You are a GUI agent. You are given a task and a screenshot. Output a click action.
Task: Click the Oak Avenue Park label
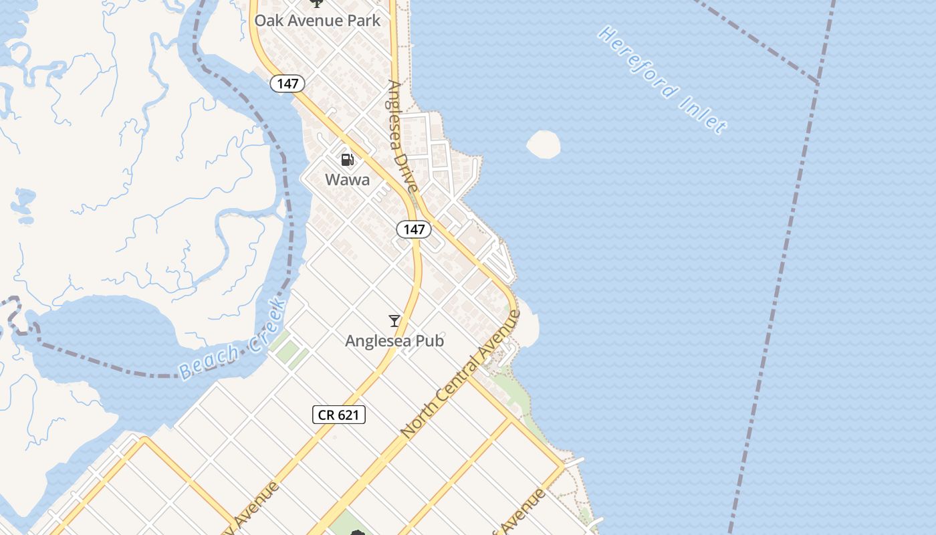pyautogui.click(x=317, y=20)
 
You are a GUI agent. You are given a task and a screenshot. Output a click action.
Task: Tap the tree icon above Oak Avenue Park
pyautogui.click(x=316, y=3)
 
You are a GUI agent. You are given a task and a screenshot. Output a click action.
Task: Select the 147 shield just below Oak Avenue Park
pyautogui.click(x=287, y=84)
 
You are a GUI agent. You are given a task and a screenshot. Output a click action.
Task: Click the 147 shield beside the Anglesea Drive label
pyautogui.click(x=414, y=229)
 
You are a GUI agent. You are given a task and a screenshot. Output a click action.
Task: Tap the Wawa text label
pyautogui.click(x=347, y=179)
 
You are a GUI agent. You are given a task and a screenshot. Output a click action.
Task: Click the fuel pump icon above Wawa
pyautogui.click(x=347, y=160)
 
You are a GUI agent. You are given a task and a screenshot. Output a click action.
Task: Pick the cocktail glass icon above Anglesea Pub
pyautogui.click(x=394, y=321)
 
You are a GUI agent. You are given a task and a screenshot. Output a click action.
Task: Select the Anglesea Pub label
pyautogui.click(x=394, y=341)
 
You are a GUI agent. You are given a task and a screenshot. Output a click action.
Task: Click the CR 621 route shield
pyautogui.click(x=339, y=415)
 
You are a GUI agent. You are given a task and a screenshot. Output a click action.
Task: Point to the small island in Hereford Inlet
pyautogui.click(x=544, y=144)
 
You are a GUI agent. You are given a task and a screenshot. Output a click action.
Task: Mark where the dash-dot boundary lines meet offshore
pyautogui.click(x=817, y=82)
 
